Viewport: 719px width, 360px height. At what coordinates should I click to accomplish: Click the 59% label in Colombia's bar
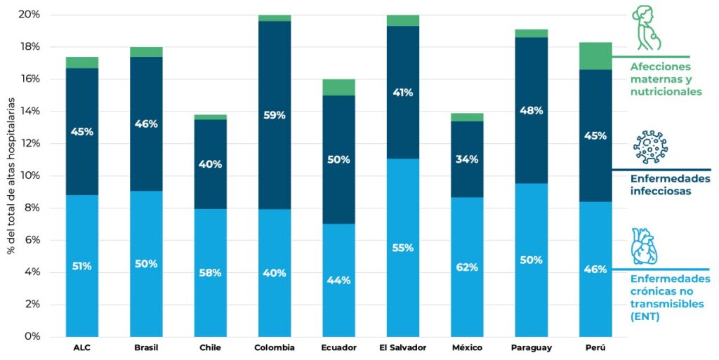coord(275,115)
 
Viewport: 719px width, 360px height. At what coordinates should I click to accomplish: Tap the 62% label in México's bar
coord(467,267)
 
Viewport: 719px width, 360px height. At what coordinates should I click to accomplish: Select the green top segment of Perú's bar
coord(595,56)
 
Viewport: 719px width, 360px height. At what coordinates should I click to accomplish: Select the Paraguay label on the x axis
coord(532,348)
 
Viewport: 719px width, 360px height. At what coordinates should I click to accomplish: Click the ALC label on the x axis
coord(82,348)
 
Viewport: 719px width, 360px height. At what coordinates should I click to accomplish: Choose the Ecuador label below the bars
coord(339,348)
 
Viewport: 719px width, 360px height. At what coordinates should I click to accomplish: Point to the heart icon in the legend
coord(643,246)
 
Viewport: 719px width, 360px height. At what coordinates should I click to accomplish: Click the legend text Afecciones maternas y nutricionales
coord(666,79)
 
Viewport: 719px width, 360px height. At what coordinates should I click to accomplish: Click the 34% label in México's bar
coord(467,159)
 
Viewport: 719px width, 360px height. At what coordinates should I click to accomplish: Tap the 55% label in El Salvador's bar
coord(403,248)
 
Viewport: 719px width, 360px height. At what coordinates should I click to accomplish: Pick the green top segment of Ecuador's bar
coord(339,87)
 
